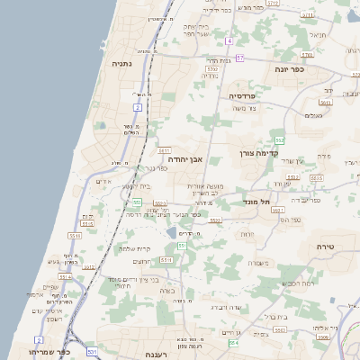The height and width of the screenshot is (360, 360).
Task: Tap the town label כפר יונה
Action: [x=290, y=68]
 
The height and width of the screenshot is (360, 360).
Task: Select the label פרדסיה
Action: [x=243, y=95]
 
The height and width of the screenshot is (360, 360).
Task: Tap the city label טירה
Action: [x=325, y=246]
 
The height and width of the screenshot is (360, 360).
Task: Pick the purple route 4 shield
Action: [x=229, y=41]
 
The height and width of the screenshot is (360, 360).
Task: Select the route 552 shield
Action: [x=279, y=140]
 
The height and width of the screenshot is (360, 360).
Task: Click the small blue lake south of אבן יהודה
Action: [x=171, y=233]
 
